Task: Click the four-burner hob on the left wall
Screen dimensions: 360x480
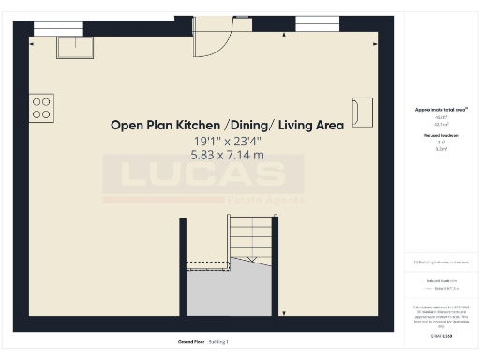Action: (x=41, y=107)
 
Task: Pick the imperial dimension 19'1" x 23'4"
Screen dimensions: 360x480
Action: (x=227, y=141)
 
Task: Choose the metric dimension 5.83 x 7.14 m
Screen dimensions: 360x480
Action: (x=227, y=154)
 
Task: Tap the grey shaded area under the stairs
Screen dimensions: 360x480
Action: (x=230, y=291)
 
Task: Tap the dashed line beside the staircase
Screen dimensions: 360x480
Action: (x=206, y=265)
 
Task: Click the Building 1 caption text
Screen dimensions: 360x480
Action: (x=218, y=342)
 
